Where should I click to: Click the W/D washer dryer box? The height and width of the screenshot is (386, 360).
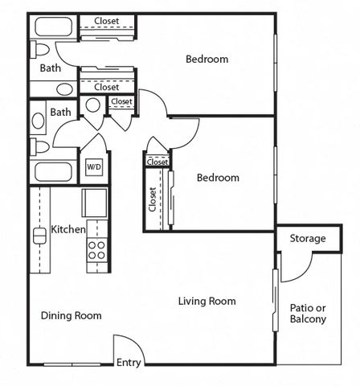[x=94, y=167]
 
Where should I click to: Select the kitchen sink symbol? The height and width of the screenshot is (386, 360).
[x=39, y=236]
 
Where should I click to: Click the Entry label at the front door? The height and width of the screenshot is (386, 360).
[x=129, y=363]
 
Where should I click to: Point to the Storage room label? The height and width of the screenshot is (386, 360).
[x=308, y=238]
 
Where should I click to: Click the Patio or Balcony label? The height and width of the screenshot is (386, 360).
[x=308, y=314]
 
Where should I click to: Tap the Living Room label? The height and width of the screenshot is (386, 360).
[x=207, y=301]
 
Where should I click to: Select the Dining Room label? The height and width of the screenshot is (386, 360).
[x=72, y=315]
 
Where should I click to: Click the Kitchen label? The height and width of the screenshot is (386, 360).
[x=68, y=229]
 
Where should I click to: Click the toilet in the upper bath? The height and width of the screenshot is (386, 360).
[x=39, y=50]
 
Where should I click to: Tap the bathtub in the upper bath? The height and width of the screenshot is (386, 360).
[x=54, y=27]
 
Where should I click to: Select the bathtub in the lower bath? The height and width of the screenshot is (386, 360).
[x=53, y=172]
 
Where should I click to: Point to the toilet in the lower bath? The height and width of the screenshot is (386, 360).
[x=39, y=147]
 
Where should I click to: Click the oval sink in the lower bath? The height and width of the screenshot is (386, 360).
[x=38, y=121]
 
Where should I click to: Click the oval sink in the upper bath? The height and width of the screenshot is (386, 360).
[x=64, y=89]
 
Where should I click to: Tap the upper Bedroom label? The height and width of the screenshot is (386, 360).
[x=207, y=59]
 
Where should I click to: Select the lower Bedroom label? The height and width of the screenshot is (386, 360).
[x=218, y=178]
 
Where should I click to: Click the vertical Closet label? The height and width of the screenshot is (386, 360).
[x=153, y=199]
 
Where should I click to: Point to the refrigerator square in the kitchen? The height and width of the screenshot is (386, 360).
[x=94, y=203]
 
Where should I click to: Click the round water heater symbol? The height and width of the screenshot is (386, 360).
[x=93, y=105]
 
